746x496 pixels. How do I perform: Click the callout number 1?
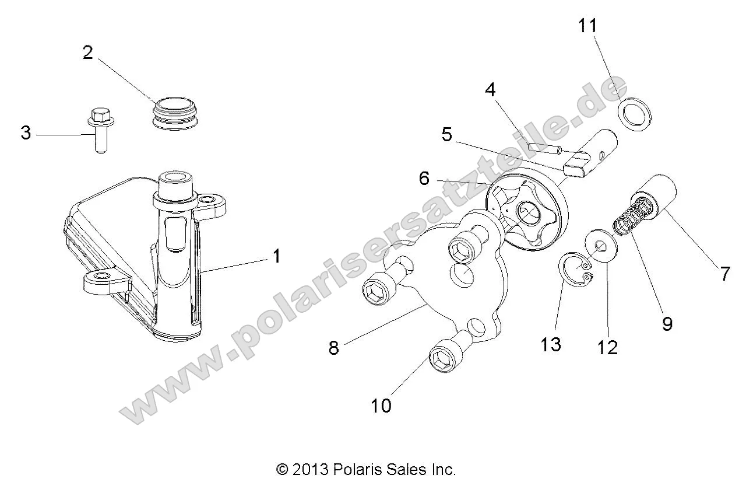coord(276,256)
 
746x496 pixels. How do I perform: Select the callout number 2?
coord(88,53)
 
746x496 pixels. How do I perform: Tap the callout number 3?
coord(26,132)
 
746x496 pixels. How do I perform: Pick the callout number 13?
coord(551,344)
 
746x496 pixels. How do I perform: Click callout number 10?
coord(381,406)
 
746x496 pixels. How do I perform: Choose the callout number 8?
coord(334,348)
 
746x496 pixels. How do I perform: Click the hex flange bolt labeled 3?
coord(101,130)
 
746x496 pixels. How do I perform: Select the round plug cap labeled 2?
coord(175,113)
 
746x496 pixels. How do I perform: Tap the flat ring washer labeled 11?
coord(635,114)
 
